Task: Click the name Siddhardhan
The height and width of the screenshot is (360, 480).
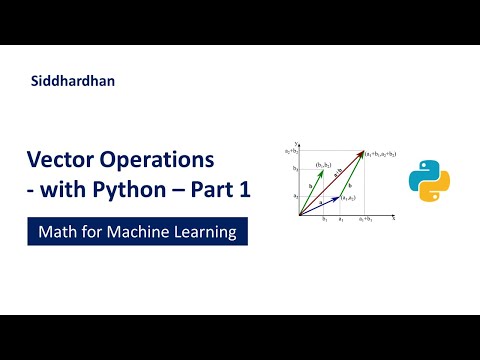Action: coord(73,81)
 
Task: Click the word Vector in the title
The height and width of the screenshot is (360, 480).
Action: coord(62,161)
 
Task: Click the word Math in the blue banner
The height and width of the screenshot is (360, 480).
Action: coord(58,232)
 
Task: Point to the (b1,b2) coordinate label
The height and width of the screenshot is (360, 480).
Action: coord(324,163)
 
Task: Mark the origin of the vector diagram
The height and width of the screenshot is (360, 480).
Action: coord(299,214)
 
